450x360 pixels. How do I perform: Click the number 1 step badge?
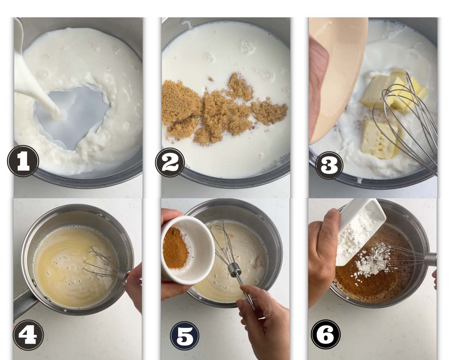click(23, 161)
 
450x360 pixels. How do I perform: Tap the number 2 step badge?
click(170, 162)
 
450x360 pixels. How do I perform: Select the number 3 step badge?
click(329, 165)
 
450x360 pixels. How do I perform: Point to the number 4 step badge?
click(28, 335)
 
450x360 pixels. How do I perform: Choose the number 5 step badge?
click(184, 336)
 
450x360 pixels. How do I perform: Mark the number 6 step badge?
click(325, 334)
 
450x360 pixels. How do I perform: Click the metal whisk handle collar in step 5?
click(234, 269)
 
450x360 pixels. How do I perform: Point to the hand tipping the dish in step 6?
click(323, 255)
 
